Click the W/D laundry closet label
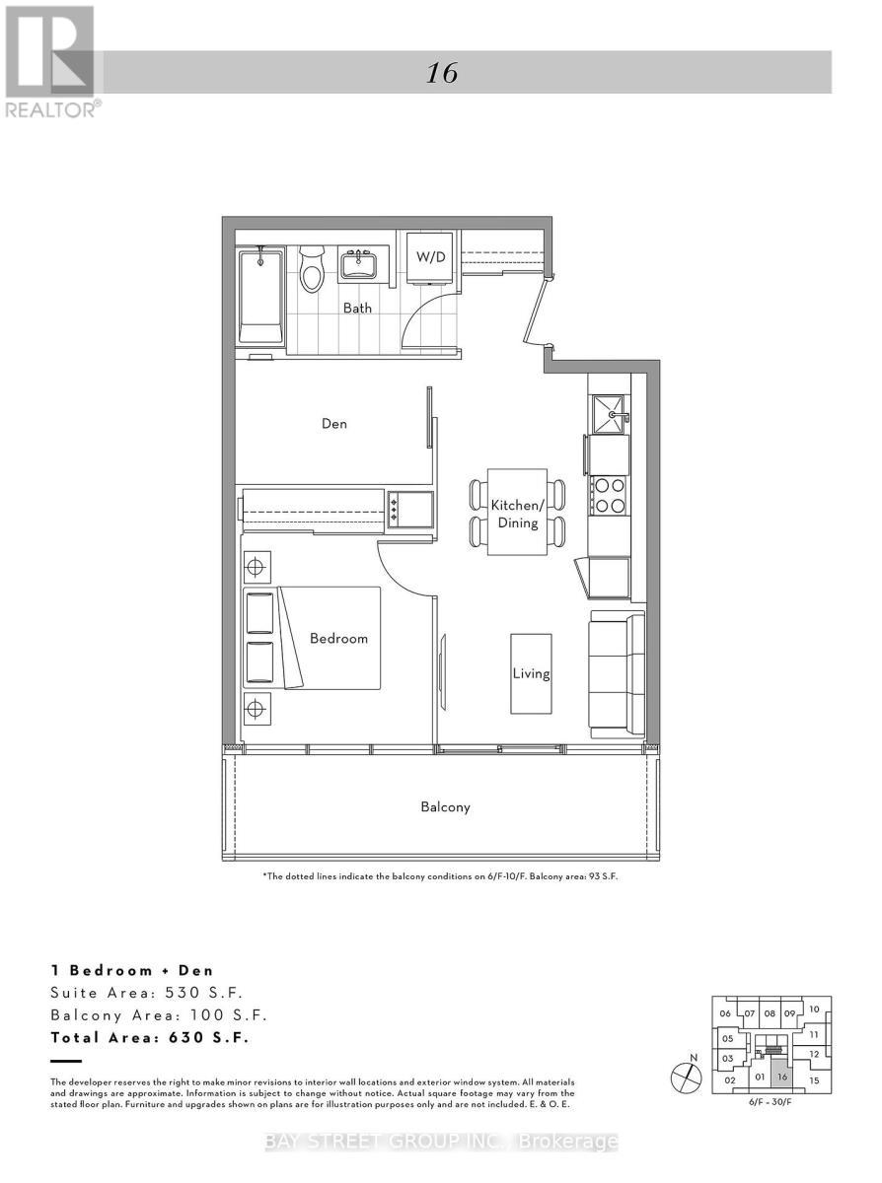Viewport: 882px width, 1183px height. [429, 257]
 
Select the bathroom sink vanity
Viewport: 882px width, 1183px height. [357, 264]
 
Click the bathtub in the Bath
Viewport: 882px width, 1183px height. [260, 296]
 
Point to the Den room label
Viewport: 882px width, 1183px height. [333, 424]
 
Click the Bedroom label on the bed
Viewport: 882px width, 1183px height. [338, 638]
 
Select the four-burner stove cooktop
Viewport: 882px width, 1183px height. [609, 495]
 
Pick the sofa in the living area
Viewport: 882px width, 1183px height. [617, 675]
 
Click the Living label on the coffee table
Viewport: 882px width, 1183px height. [531, 674]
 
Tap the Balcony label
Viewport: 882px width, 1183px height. [445, 806]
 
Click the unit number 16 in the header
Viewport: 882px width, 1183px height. [443, 73]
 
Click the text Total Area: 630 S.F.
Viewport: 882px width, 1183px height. [150, 1037]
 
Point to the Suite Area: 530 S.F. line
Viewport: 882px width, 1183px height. [146, 992]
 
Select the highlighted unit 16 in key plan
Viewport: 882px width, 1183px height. [781, 1077]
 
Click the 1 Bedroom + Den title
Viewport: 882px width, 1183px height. [131, 970]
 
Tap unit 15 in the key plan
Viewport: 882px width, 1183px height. [814, 1080]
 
